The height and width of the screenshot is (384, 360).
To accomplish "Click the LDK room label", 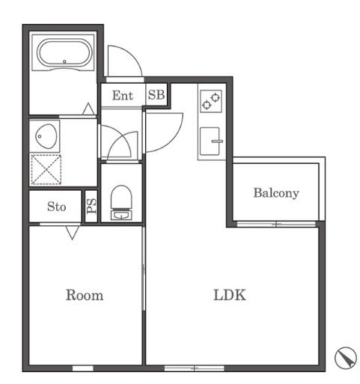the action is pyautogui.click(x=230, y=295).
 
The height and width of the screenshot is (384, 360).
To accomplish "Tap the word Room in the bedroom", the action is pyautogui.click(x=85, y=295).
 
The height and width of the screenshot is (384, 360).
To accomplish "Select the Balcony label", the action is pyautogui.click(x=276, y=193).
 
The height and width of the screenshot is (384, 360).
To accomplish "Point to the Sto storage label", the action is pyautogui.click(x=57, y=207).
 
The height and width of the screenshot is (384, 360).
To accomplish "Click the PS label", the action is pyautogui.click(x=91, y=206).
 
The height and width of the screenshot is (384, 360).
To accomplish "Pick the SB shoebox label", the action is pyautogui.click(x=156, y=95).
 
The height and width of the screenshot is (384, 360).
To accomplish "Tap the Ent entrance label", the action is pyautogui.click(x=123, y=95).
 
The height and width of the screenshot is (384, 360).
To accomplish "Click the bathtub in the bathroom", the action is pyautogui.click(x=64, y=53).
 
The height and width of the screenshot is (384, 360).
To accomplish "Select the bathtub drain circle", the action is pyautogui.click(x=64, y=61).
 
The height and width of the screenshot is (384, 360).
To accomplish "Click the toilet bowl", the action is pyautogui.click(x=121, y=197).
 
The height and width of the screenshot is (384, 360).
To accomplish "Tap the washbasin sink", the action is pyautogui.click(x=46, y=136).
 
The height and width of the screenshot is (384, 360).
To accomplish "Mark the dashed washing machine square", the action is pyautogui.click(x=46, y=170).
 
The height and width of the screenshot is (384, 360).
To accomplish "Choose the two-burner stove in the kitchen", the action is pyautogui.click(x=211, y=101).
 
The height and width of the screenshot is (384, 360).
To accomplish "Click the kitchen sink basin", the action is pyautogui.click(x=210, y=141).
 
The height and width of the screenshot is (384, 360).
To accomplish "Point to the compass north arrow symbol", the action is pyautogui.click(x=346, y=358).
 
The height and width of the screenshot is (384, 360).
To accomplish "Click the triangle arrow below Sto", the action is pyautogui.click(x=73, y=232).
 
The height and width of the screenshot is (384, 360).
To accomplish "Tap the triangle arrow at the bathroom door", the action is pyautogui.click(x=88, y=109).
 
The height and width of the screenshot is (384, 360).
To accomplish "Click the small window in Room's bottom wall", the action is pyautogui.click(x=83, y=368).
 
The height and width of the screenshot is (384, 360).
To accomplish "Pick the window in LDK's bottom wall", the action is pyautogui.click(x=195, y=368).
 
